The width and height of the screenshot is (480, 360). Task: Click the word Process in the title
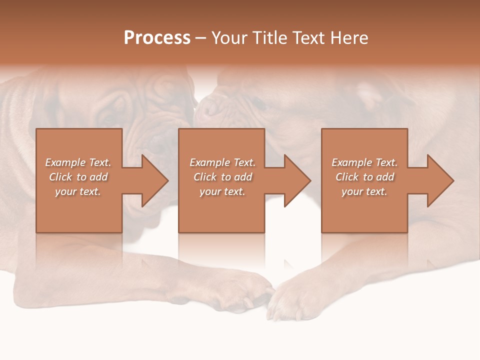157,38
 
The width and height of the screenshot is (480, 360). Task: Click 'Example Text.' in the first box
78,162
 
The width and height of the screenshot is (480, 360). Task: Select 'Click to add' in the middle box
222,177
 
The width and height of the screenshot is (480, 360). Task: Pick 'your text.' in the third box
364,191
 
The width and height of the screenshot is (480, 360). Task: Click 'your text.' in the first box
78,191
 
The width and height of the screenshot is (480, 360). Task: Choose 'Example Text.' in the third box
364,162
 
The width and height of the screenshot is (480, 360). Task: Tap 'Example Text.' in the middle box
222,162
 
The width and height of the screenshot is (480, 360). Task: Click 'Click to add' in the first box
78,177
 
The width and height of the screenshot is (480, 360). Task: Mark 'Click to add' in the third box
364,177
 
